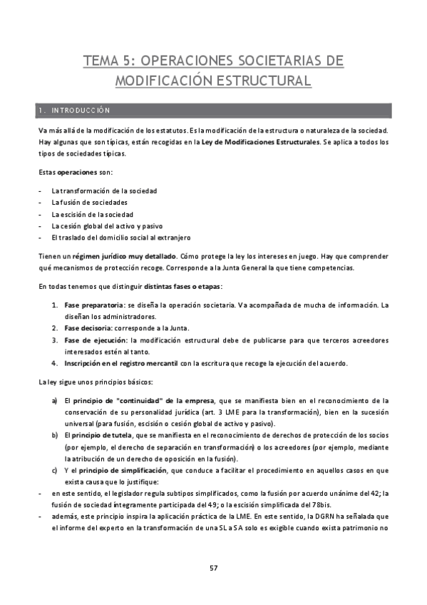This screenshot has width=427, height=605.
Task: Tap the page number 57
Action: point(213,567)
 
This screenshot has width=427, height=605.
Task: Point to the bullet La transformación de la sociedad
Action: point(104,191)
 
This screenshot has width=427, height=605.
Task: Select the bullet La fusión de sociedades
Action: point(88,203)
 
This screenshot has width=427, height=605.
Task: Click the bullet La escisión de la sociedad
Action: point(92,214)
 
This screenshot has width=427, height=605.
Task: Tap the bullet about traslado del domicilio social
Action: point(120,238)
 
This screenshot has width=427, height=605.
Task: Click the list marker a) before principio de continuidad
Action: point(55,400)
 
